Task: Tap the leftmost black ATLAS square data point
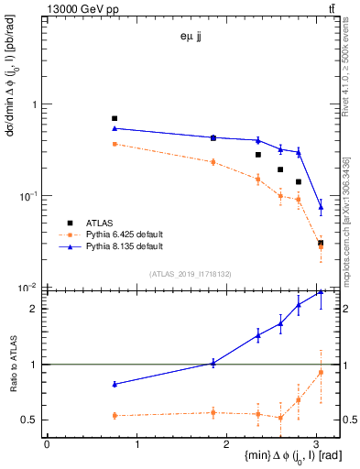tap(115, 118)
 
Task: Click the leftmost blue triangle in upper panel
tap(115, 128)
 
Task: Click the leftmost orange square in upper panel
tap(115, 144)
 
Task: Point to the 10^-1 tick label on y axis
tap(29, 196)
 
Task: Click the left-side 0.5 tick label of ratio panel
tap(31, 420)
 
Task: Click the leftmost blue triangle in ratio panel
tap(115, 384)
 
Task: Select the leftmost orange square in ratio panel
tap(115, 416)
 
